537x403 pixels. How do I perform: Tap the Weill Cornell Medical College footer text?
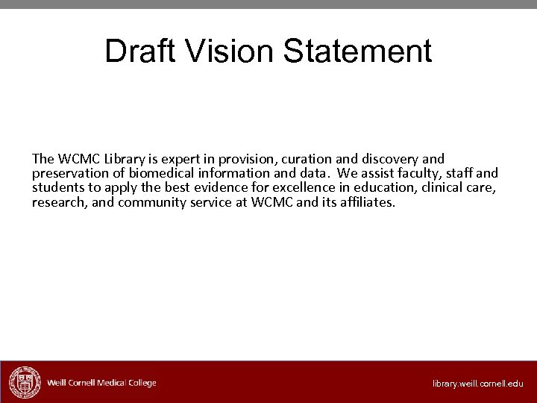(101, 383)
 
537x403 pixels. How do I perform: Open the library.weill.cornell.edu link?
(478, 384)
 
